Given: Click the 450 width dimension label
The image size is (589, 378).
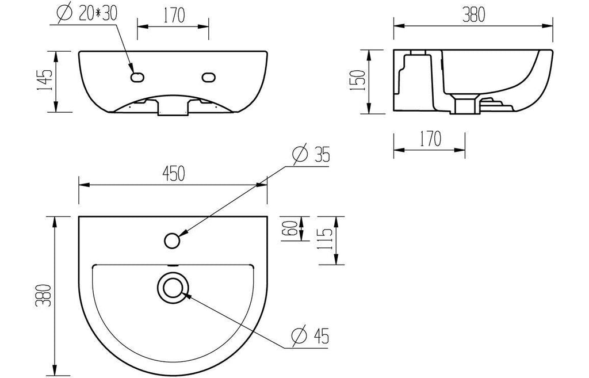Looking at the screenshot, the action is (x=174, y=173).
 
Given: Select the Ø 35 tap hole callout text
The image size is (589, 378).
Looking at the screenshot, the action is (x=311, y=154).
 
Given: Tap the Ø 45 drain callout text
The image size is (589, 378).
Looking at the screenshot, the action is (x=310, y=335).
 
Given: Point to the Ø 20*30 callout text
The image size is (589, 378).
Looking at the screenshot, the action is (x=87, y=14).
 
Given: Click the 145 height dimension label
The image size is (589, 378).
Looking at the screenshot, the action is (x=44, y=80).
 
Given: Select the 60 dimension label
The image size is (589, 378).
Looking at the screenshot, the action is (x=292, y=228).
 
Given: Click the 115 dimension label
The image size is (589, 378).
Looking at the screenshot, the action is (x=326, y=240).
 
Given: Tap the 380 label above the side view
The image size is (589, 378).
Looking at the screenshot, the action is (x=473, y=14).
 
